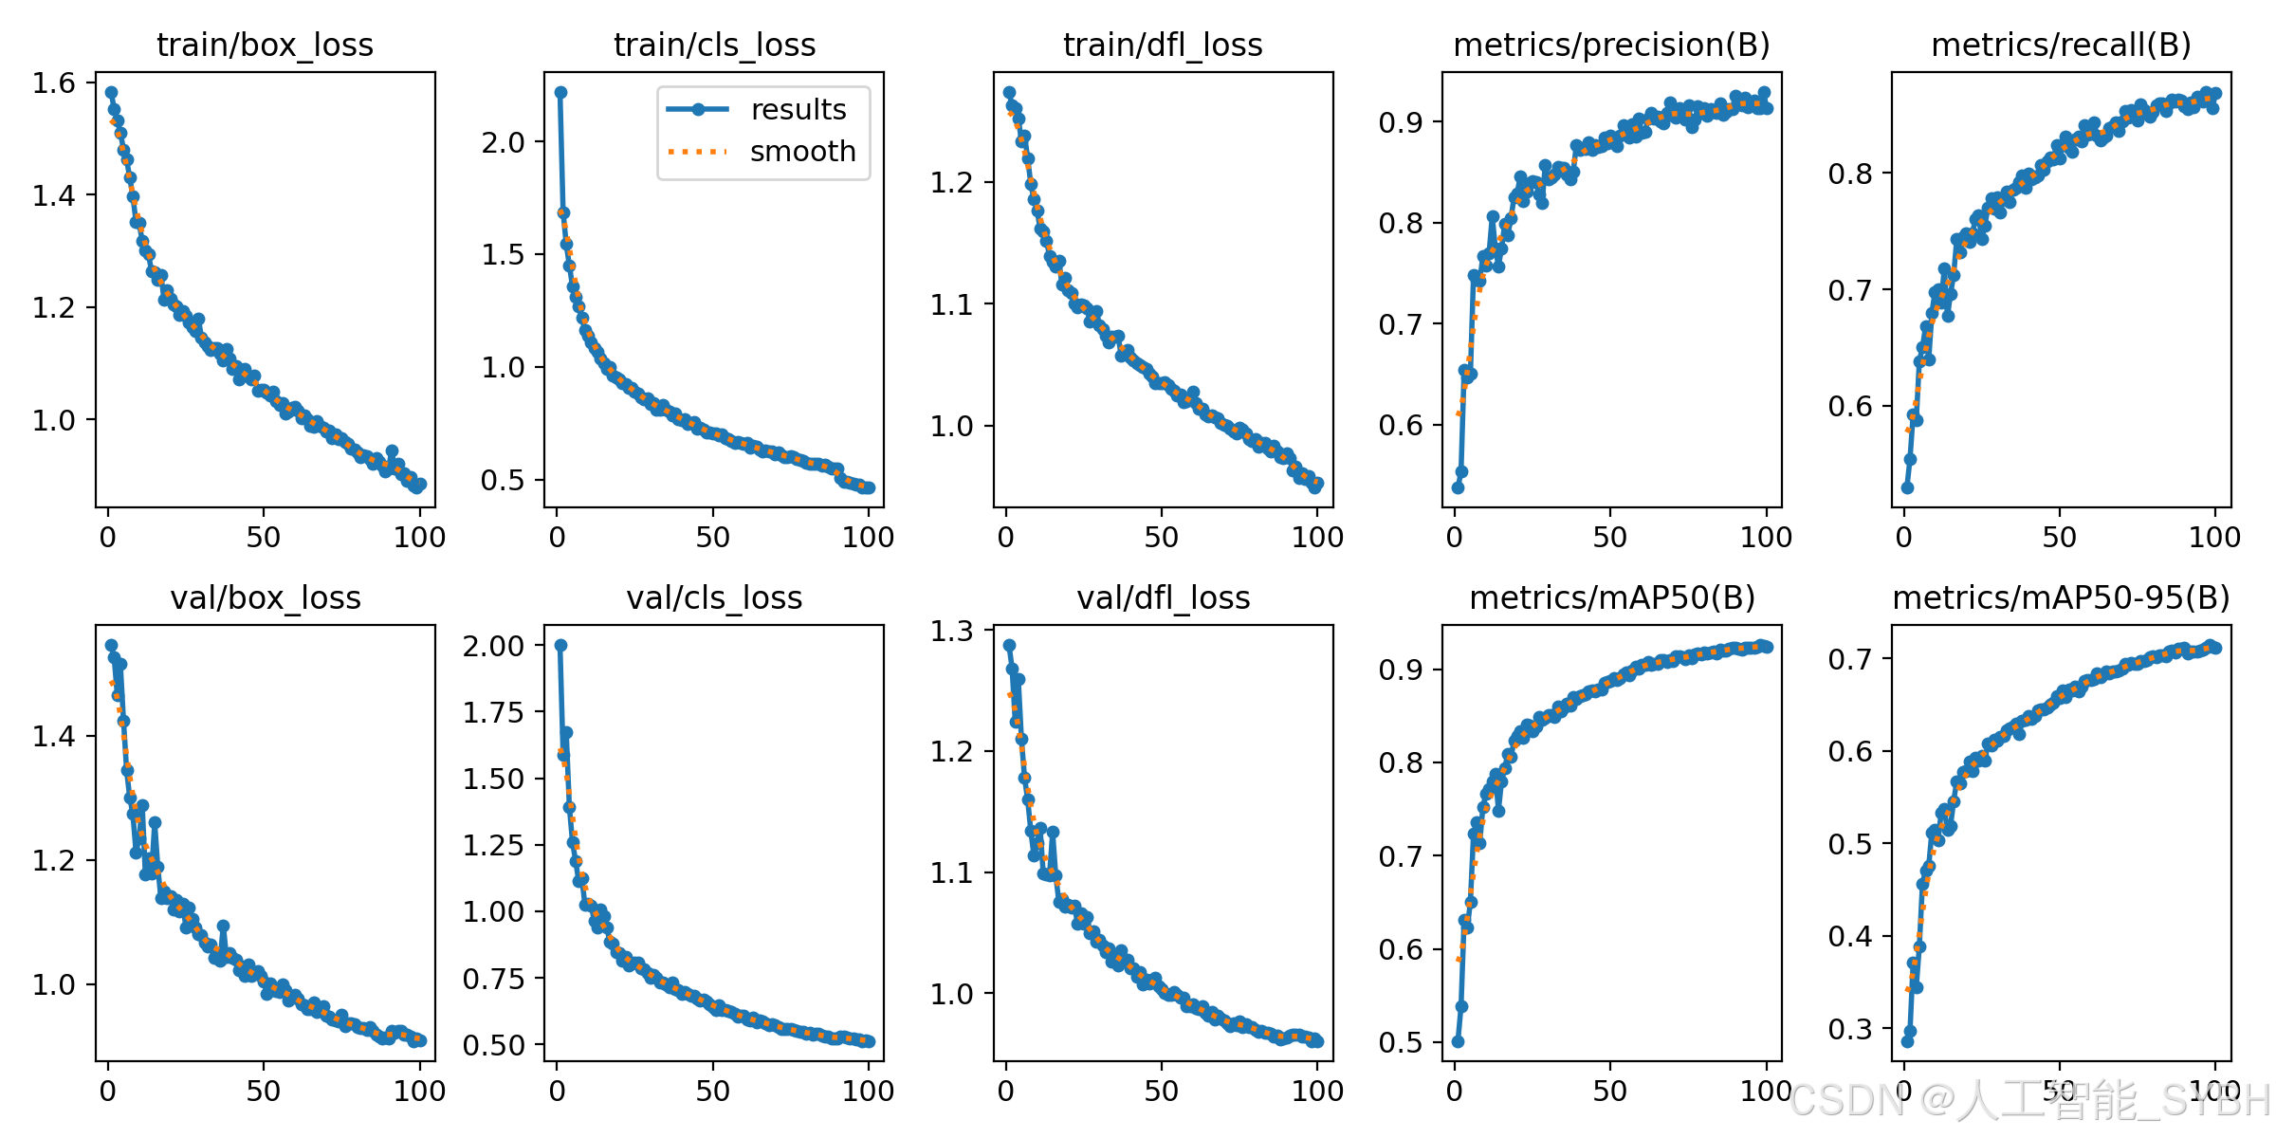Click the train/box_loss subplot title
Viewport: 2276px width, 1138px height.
click(265, 45)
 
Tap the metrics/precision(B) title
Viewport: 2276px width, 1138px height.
click(1611, 45)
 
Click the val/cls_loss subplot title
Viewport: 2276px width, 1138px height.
click(714, 597)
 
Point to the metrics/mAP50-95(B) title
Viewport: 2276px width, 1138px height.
click(2061, 597)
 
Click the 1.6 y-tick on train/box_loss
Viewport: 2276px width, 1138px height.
click(54, 83)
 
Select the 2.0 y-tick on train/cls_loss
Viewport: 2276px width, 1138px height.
click(503, 142)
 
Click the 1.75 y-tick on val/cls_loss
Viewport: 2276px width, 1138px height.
click(493, 712)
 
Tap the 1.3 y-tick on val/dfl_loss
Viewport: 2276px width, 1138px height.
click(952, 631)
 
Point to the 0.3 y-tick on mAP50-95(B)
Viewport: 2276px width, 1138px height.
click(1850, 1029)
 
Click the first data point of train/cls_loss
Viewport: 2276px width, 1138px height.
click(560, 92)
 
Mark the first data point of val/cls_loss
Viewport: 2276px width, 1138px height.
click(560, 645)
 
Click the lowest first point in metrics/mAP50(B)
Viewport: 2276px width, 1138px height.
click(1458, 1041)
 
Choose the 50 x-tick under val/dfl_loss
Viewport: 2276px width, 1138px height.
click(1162, 1091)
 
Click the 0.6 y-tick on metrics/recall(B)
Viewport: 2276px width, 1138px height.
click(1850, 406)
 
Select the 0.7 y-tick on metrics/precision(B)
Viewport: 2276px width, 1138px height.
click(1402, 324)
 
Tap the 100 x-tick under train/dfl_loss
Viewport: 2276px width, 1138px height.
click(1317, 538)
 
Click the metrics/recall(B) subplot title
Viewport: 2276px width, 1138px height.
click(2061, 45)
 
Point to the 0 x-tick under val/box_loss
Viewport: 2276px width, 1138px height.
click(108, 1091)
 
